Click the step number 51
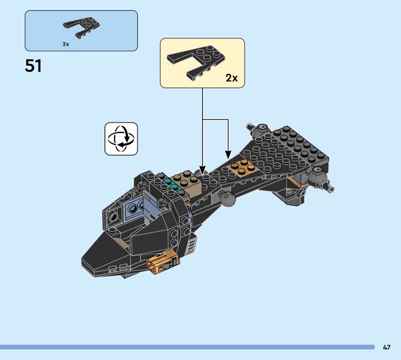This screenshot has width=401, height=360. coord(33,66)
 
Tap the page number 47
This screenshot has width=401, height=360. coord(386,347)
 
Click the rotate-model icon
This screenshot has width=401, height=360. coord(121,139)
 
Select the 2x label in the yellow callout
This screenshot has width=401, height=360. coord(232,78)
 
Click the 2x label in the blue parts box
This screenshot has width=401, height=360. coord(66,44)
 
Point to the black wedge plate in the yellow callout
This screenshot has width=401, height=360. coord(196,62)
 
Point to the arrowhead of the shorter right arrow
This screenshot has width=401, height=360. coord(228,155)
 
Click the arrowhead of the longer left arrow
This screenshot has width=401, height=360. coord(203,170)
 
